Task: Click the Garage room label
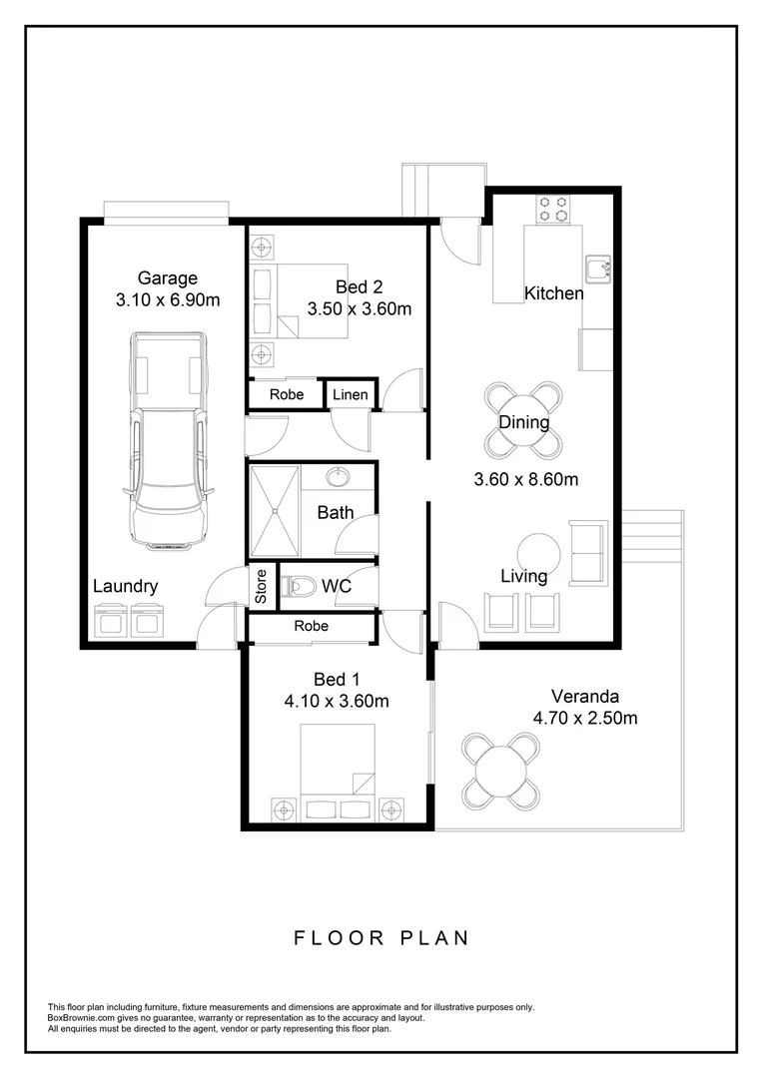tap(167, 278)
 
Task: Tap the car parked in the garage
tap(167, 440)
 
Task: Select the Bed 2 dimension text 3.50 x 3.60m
tap(359, 308)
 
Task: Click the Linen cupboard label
tap(351, 395)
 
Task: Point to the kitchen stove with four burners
tap(554, 209)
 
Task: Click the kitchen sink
tap(599, 268)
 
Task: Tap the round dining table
tap(524, 422)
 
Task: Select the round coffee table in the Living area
tap(539, 551)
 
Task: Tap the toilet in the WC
tap(300, 587)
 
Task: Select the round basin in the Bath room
tap(340, 478)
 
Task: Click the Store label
tap(262, 587)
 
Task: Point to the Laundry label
tap(125, 587)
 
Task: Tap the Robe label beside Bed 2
tap(287, 395)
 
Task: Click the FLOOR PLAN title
tap(381, 937)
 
